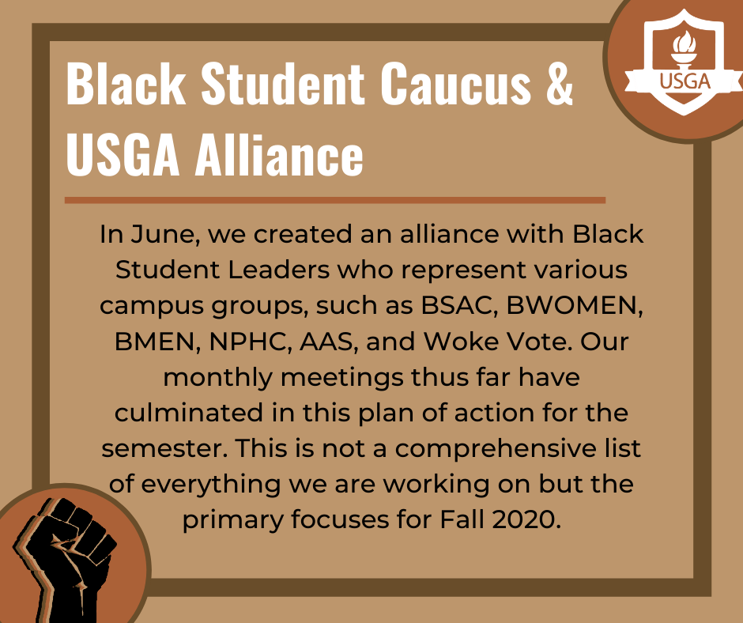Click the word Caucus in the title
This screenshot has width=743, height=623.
tap(455, 84)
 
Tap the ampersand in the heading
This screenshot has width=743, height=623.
tap(560, 84)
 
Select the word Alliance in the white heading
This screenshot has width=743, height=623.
tap(279, 153)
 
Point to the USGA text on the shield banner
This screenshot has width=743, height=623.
tap(685, 81)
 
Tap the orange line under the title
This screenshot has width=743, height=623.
tap(335, 200)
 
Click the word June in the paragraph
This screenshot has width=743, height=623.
tap(165, 234)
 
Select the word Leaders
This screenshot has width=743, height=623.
tap(278, 270)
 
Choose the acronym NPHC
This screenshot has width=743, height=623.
tap(250, 342)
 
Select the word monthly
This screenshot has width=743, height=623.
tap(218, 378)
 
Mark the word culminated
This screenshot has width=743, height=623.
tap(189, 413)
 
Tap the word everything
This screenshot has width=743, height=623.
tap(210, 485)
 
